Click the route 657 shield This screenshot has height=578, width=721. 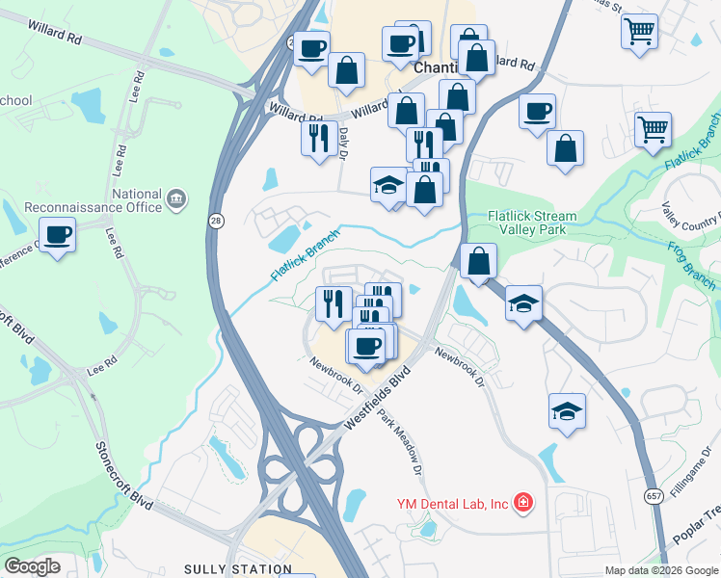pos(653,495)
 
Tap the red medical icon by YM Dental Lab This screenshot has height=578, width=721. pos(522,503)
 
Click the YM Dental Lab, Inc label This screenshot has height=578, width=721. pos(452,504)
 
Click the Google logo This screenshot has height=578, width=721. pos(32,566)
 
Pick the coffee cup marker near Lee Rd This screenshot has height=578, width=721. pos(57,236)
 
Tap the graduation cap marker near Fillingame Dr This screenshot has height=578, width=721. pos(567,412)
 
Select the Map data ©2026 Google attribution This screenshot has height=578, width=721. pos(660,570)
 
